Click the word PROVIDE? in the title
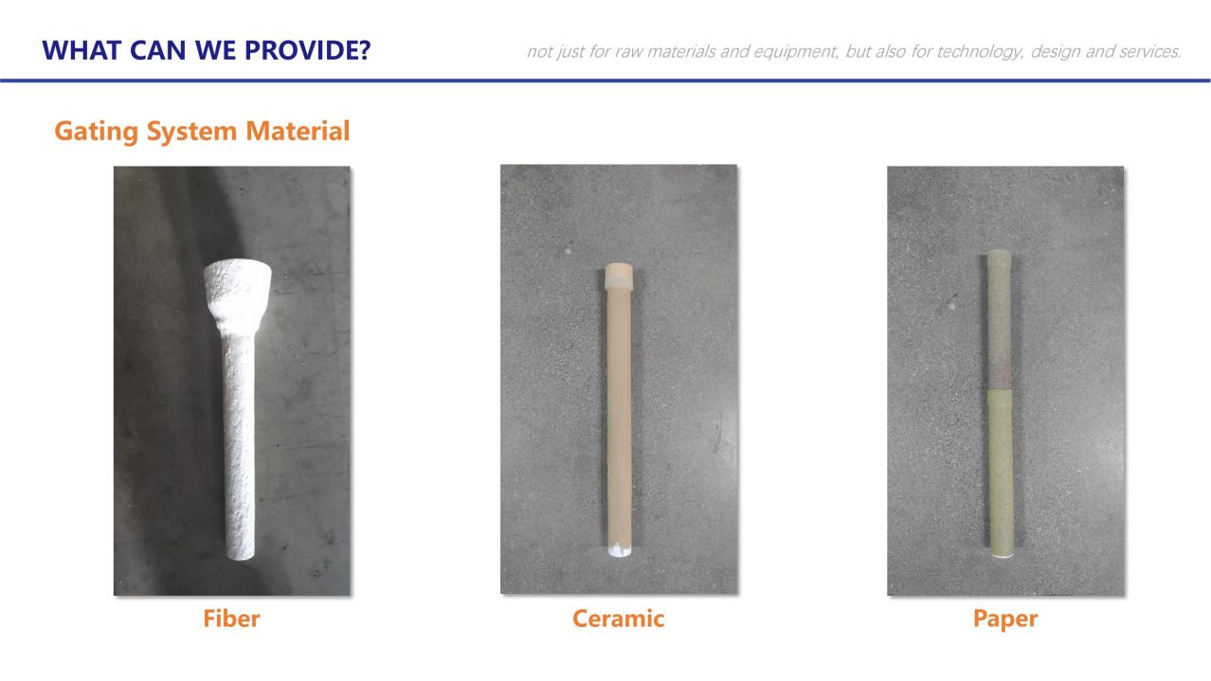(x=308, y=50)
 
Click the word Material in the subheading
(x=298, y=131)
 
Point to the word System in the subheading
(x=192, y=132)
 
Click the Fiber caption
(x=231, y=618)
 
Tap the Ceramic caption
(x=619, y=618)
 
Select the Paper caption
(x=1005, y=619)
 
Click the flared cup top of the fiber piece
(x=237, y=293)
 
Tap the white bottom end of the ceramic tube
(x=620, y=550)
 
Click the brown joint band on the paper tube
(x=1000, y=374)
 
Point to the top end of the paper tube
(x=1000, y=254)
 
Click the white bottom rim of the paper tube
(x=1003, y=554)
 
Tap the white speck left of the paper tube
(x=951, y=307)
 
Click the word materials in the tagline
(x=681, y=51)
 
